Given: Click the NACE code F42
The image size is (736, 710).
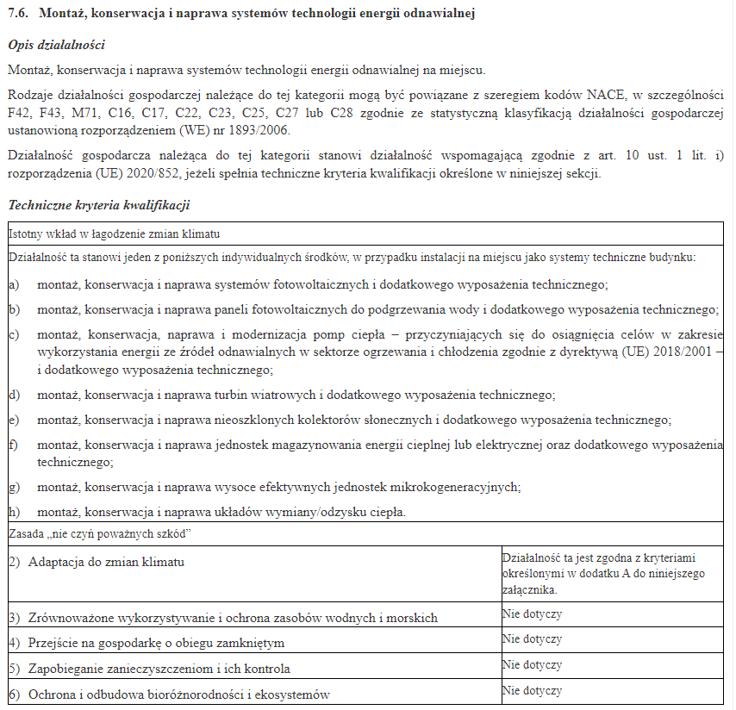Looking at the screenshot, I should coord(19,112).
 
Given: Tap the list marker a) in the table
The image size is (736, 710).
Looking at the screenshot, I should coord(14,284).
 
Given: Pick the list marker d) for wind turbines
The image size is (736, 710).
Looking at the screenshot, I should coord(14,395).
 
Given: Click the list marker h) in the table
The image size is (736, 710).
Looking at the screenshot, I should coord(14,512).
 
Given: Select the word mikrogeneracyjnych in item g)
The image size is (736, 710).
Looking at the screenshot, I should coord(463,487).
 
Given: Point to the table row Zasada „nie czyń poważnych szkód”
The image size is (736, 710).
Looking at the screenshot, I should coord(99,534).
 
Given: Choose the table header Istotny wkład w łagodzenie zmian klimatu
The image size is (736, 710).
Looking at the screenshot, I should coord(114,234).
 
